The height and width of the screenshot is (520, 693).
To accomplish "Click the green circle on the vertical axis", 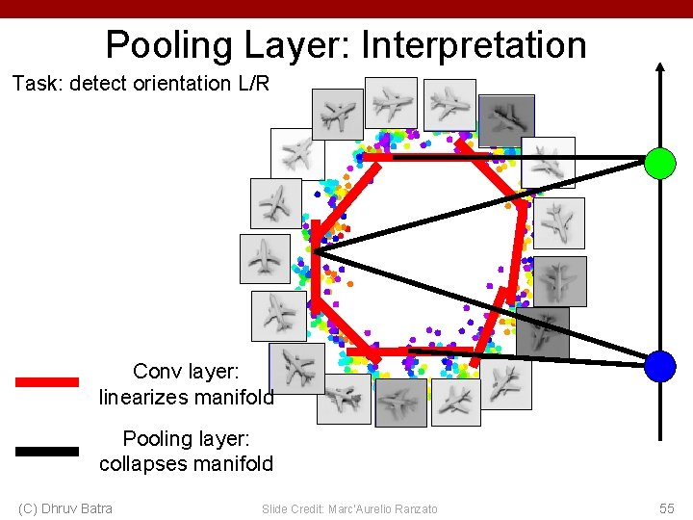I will (x=660, y=163).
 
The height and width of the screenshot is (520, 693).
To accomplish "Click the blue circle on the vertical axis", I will (x=660, y=366).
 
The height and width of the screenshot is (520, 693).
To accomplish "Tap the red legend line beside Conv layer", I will (x=47, y=381).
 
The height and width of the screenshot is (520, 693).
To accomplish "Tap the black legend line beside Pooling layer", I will (x=47, y=450).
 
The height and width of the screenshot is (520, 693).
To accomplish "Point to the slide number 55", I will (x=667, y=508).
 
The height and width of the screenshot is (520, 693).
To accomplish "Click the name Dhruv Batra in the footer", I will (x=78, y=508).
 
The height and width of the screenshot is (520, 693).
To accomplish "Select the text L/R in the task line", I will (x=253, y=83).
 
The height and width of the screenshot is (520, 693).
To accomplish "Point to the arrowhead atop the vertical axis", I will (x=660, y=69).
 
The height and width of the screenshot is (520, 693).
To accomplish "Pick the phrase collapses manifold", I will (x=187, y=463).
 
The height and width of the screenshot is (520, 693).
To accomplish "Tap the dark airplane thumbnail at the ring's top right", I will (x=506, y=120).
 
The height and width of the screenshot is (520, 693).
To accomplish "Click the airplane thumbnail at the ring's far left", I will (x=265, y=259).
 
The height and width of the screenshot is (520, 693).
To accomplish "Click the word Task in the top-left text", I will (x=34, y=83).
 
